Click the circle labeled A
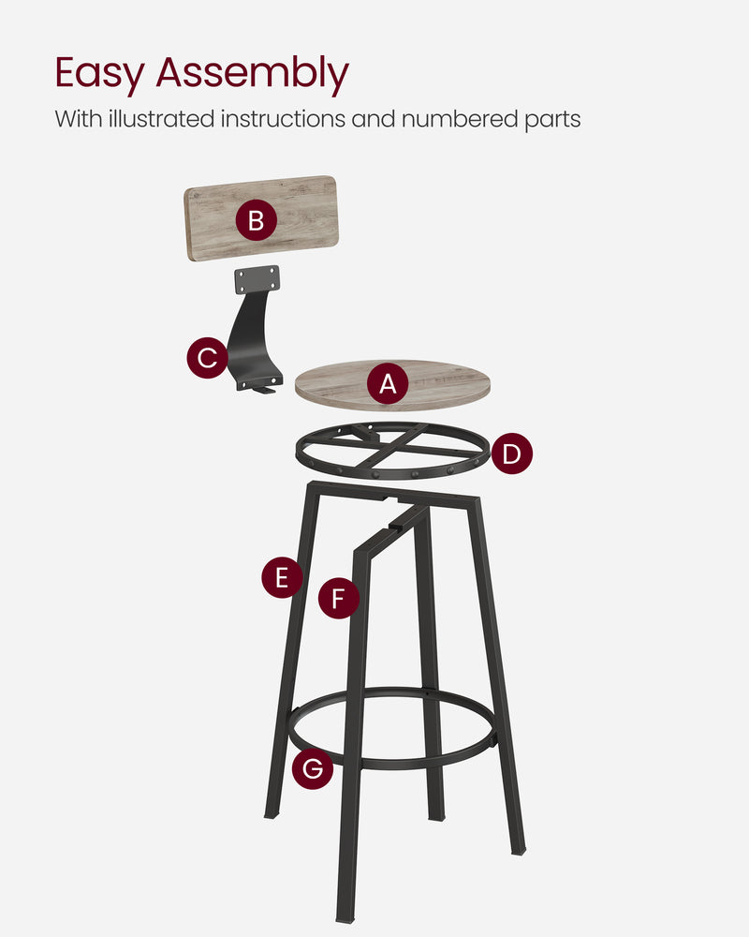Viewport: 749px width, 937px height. coord(387,383)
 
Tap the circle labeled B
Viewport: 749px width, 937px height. coord(256,222)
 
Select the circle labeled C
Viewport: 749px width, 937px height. coord(207,358)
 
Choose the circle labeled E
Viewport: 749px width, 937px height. coord(282,577)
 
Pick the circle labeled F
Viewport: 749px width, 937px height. coord(338,597)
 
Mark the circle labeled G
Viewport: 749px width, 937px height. coord(312,769)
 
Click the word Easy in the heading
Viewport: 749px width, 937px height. coord(99,73)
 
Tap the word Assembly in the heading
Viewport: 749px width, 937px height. coord(252,73)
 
